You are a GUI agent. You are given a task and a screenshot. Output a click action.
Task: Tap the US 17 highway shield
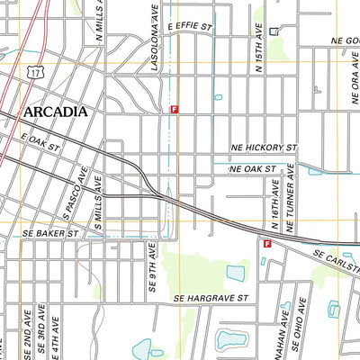click(x=34, y=69)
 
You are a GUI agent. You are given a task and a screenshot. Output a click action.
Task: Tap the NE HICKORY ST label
click(x=263, y=146)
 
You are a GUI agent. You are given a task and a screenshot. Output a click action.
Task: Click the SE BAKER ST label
click(x=49, y=232)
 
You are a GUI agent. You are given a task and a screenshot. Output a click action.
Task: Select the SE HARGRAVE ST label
click(x=210, y=297)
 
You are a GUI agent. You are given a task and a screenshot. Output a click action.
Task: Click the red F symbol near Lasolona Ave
click(x=174, y=108)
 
